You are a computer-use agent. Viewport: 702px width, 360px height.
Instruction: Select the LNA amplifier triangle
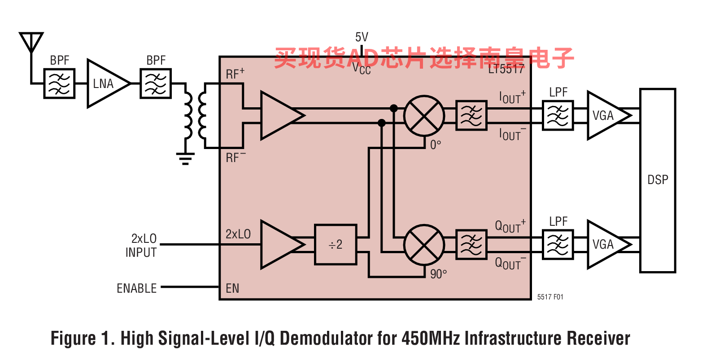tap(106, 83)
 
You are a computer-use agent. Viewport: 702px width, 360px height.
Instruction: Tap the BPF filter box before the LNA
tap(59, 83)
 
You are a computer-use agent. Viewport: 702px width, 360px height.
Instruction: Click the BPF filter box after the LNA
tap(156, 83)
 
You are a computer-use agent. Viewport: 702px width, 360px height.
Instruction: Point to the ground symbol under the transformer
tap(185, 158)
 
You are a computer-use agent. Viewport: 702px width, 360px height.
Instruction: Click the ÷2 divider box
tap(336, 244)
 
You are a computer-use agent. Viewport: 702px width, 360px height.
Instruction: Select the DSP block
tap(657, 180)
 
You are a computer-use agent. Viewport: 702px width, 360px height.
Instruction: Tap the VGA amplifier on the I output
tap(606, 116)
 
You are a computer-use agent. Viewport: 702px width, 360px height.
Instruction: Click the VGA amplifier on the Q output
tap(606, 245)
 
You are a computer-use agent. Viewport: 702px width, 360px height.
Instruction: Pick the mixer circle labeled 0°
tap(424, 116)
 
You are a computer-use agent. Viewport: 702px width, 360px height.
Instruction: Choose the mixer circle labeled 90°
tap(424, 245)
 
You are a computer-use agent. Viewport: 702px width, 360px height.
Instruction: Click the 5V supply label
tap(362, 37)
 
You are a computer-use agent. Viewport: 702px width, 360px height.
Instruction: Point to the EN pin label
tap(232, 288)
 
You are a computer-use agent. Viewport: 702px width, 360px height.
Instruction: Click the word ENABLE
tap(137, 288)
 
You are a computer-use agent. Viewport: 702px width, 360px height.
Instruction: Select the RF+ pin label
tap(235, 74)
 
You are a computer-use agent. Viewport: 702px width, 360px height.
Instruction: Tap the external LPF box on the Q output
tap(558, 245)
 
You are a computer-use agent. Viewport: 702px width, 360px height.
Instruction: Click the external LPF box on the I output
tap(558, 116)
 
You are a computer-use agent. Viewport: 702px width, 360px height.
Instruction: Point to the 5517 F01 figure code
tap(550, 297)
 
